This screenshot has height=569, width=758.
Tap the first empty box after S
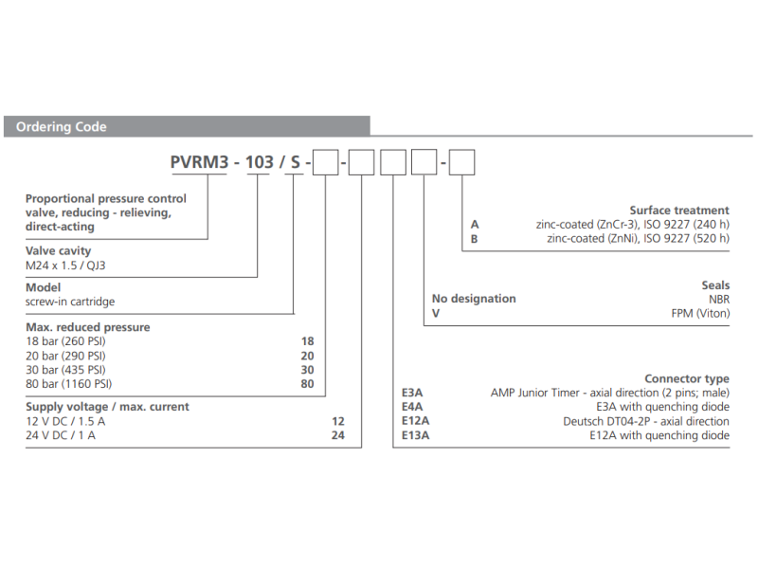[x=325, y=163]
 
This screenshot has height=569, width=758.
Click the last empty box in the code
[x=460, y=163]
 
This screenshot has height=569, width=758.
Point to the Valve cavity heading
[x=59, y=249]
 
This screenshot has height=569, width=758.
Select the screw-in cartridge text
[x=70, y=302]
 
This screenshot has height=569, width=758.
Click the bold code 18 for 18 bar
[x=306, y=340]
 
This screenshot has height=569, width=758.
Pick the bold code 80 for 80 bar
[x=306, y=383]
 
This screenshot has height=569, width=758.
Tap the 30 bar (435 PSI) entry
[x=65, y=369]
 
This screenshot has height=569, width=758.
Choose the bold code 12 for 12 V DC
[x=338, y=421]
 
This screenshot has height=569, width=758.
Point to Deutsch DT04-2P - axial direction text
[x=646, y=421]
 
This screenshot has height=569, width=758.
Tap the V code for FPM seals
[x=436, y=312]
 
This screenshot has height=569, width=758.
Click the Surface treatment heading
[x=679, y=211]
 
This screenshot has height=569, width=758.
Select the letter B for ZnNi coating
[x=475, y=239]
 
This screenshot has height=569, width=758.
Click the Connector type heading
[x=686, y=378]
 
